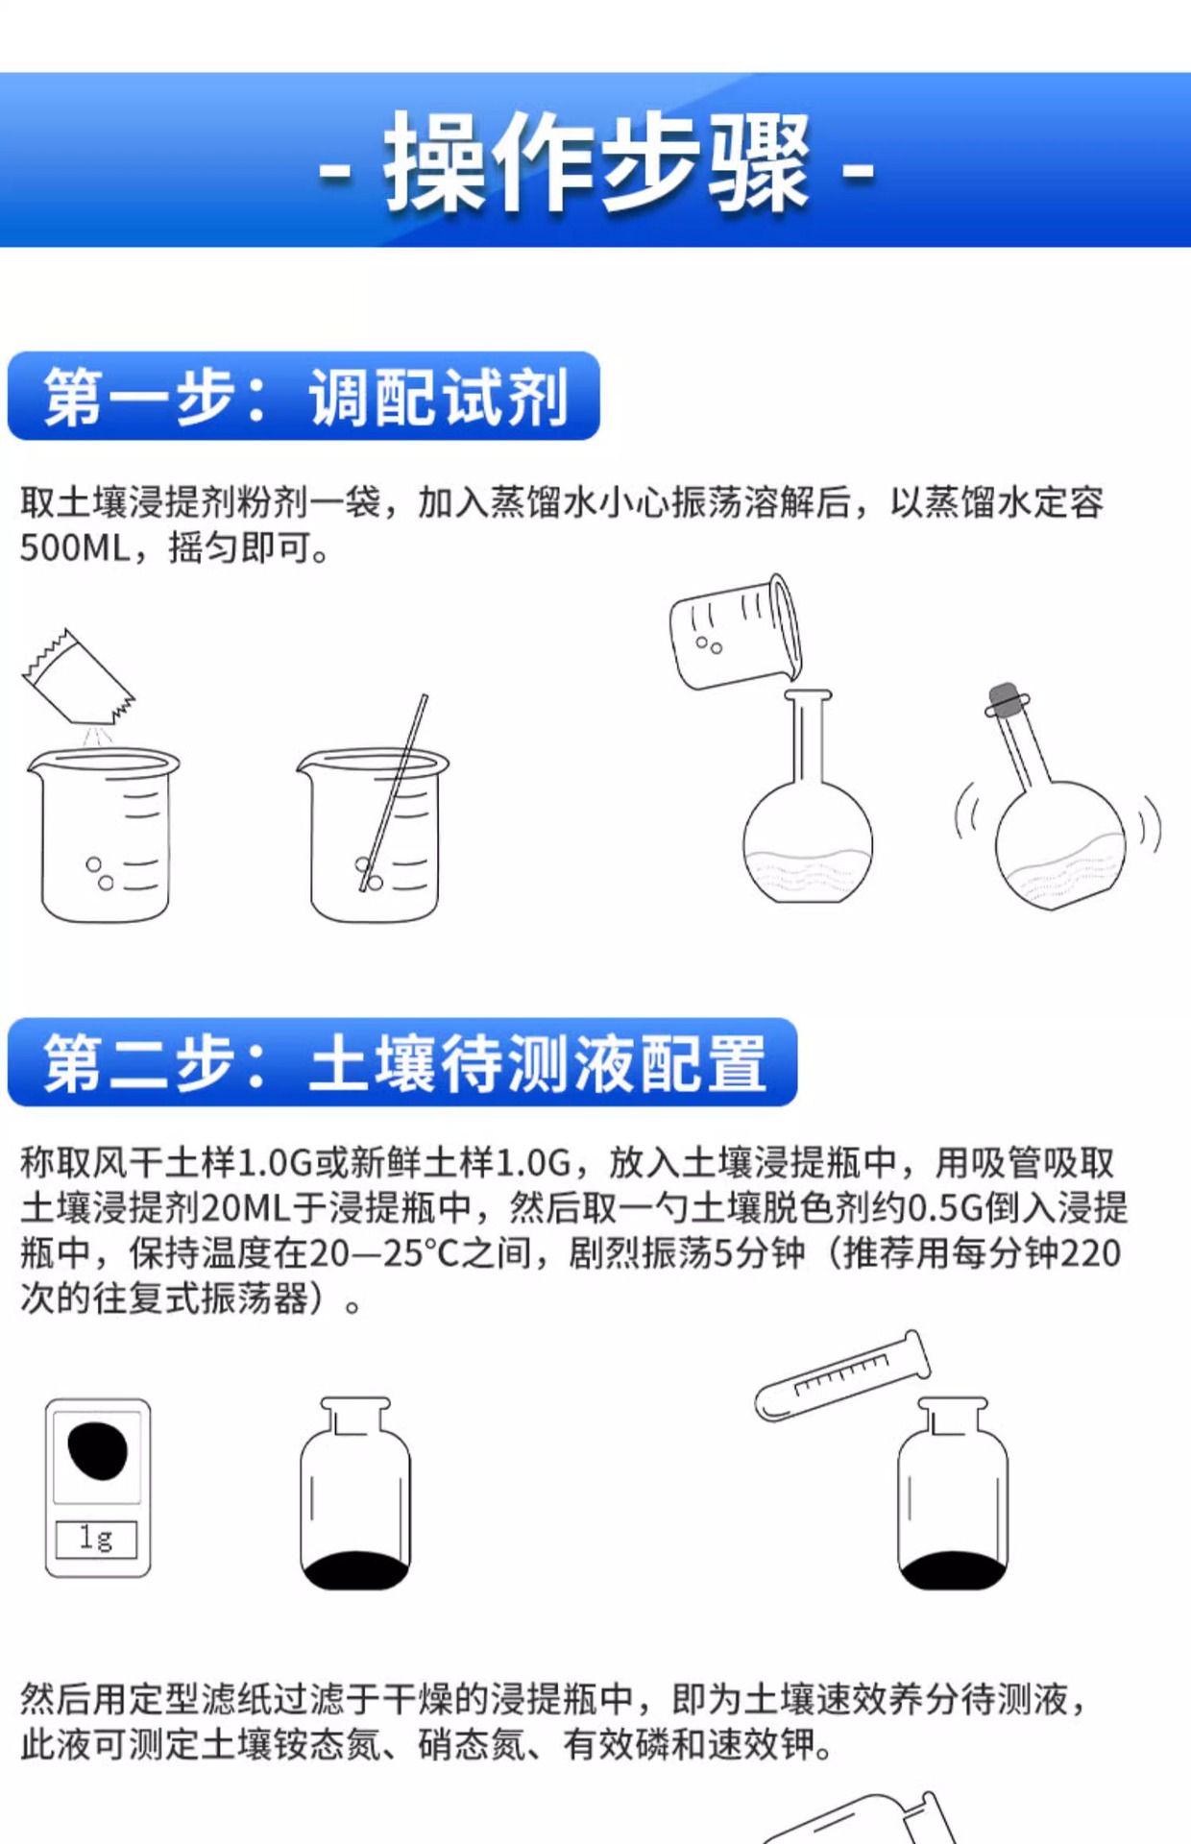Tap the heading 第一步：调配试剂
tap(304, 397)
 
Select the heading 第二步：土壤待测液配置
tap(402, 1062)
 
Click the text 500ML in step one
tap(75, 548)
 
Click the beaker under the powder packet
tap(105, 836)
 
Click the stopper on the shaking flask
tap(1005, 698)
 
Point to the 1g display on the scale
tap(96, 1539)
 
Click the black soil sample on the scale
tap(97, 1451)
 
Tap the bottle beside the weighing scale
tap(355, 1494)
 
